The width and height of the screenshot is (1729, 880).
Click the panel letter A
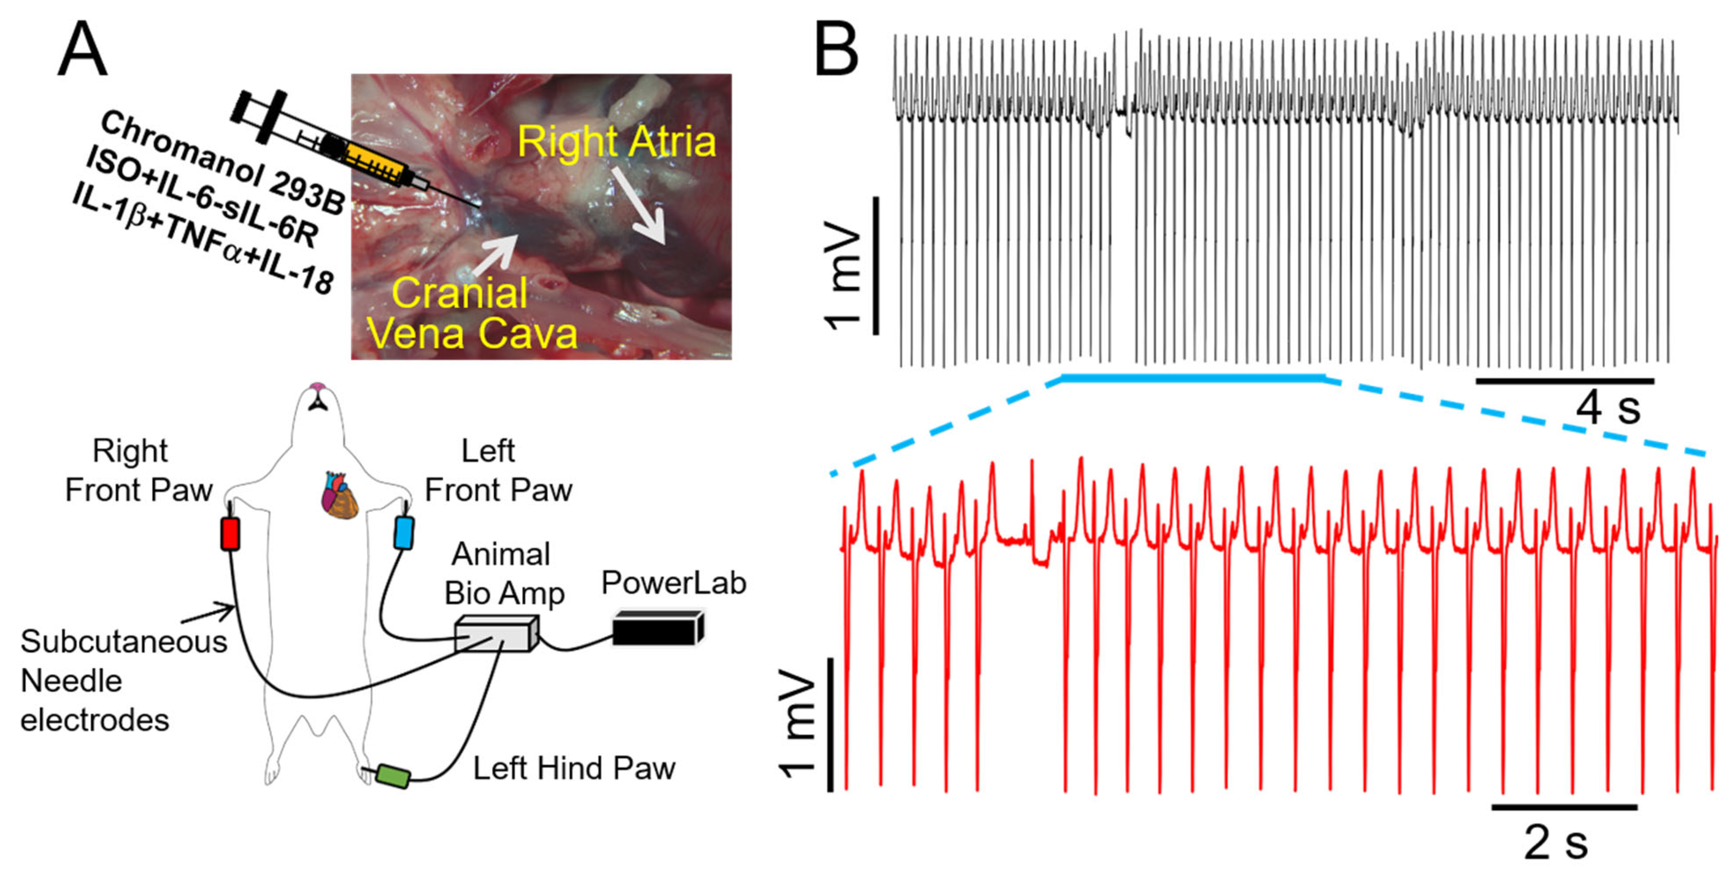82,50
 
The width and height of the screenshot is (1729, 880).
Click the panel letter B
835,50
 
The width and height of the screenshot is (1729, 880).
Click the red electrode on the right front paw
230,534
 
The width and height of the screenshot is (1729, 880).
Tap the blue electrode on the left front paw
404,532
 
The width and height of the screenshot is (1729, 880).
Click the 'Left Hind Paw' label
574,769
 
